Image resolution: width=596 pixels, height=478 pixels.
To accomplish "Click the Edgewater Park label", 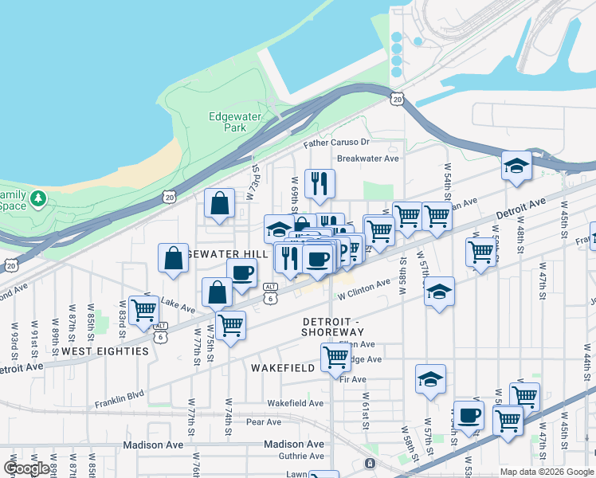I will point(234,122).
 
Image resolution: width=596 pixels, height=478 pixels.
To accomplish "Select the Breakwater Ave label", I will point(367,158).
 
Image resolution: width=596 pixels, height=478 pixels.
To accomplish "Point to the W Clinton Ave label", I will point(366,295).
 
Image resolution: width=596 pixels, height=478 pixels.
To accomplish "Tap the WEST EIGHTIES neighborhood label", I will point(105,351).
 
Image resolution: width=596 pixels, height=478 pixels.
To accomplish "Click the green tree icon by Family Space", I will point(37,197).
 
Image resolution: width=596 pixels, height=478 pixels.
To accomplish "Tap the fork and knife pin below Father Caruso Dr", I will point(320,182).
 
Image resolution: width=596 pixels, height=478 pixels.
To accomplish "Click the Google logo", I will point(26,468).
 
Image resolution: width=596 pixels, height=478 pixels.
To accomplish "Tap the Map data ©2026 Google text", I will point(547,472).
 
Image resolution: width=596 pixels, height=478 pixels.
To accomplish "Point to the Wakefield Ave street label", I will point(296,403).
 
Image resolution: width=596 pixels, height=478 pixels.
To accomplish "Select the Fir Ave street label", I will point(352,379).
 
